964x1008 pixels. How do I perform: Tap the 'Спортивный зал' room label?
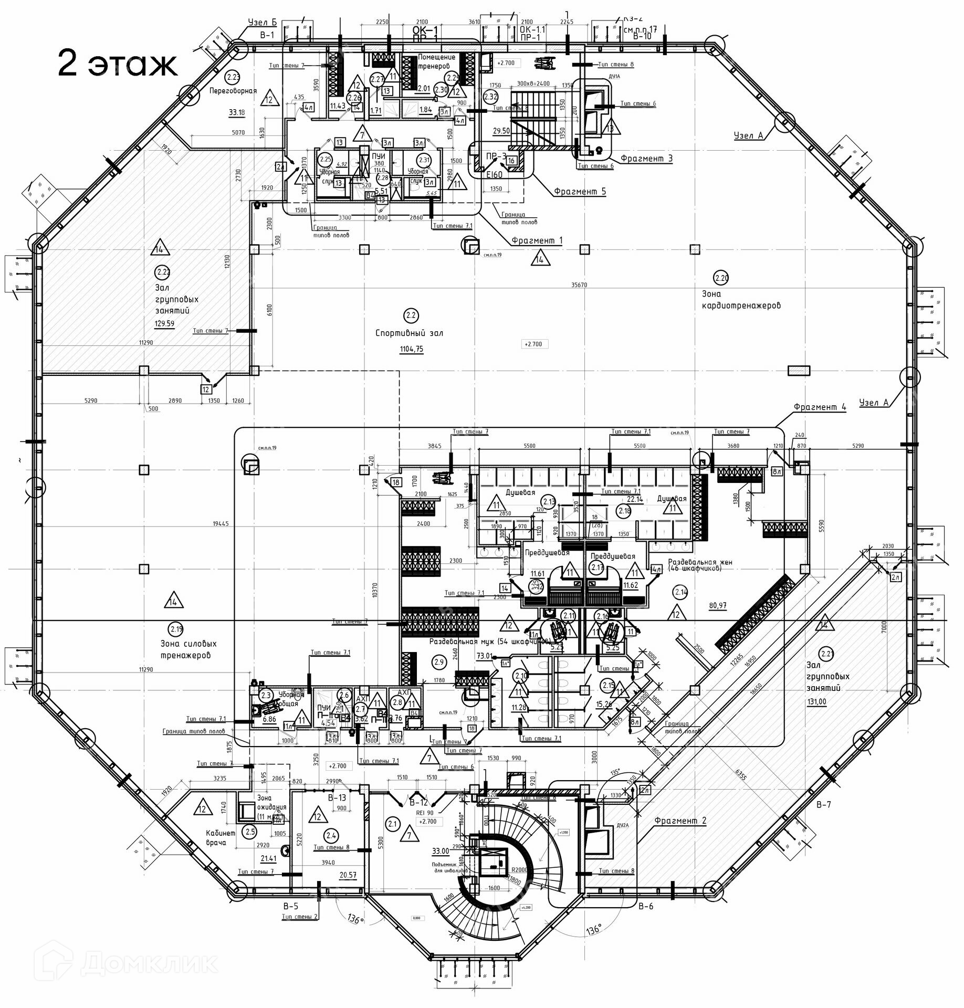409,333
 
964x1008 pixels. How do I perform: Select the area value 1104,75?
411,349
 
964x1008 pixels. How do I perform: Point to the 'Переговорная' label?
233,91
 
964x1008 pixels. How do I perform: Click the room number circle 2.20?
722,277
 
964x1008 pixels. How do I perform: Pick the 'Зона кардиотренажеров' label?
741,300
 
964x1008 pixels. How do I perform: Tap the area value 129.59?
164,323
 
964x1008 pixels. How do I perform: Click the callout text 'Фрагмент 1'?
537,240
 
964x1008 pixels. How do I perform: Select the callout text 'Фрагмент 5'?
580,191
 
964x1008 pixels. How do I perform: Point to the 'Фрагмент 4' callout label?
820,407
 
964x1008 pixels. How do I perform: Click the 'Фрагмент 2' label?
680,821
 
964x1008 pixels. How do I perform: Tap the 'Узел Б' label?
262,22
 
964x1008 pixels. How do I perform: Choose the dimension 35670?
579,285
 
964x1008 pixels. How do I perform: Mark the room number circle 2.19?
175,628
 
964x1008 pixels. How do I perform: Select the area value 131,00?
816,702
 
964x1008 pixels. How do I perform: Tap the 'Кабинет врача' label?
216,838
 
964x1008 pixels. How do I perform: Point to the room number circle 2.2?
410,316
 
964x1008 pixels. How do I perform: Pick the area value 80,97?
718,605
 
